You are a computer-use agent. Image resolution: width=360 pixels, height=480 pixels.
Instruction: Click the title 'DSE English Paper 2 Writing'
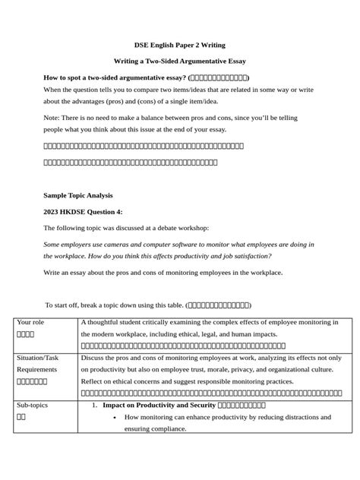[x=180, y=45]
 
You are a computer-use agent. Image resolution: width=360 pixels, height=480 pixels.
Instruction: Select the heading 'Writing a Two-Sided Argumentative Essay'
[x=180, y=61]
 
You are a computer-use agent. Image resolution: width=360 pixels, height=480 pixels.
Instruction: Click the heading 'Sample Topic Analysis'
[x=77, y=195]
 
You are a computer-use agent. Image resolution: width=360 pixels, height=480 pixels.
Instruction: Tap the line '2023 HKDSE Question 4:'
[x=83, y=211]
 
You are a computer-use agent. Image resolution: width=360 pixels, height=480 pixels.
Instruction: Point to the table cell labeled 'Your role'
[x=30, y=322]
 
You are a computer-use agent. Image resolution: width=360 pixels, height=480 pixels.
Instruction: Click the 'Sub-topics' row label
[x=32, y=406]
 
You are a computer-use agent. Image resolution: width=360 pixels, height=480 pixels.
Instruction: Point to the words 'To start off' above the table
[x=63, y=305]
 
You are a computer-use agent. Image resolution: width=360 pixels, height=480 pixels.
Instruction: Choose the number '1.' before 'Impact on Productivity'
[x=94, y=406]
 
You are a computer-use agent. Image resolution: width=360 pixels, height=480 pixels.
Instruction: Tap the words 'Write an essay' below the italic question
[x=67, y=273]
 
